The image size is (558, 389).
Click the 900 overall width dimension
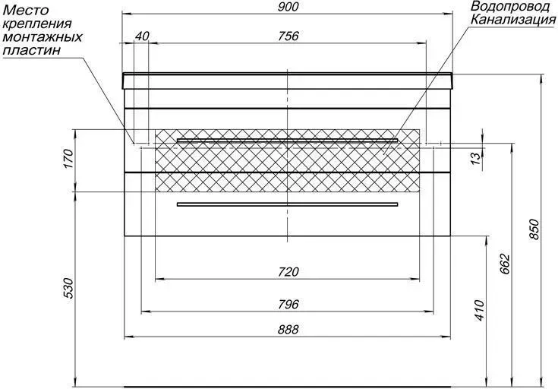[x=288, y=7]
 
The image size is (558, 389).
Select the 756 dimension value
[x=288, y=36]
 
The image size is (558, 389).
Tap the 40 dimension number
[x=142, y=36]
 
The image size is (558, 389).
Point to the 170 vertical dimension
[x=68, y=160]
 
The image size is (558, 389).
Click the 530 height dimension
[x=68, y=288]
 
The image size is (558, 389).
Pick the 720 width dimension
[x=288, y=272]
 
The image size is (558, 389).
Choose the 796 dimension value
[x=288, y=304]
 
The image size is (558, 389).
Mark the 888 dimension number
[x=288, y=330]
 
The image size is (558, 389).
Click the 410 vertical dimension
[x=480, y=310]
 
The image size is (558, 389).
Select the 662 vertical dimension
[x=505, y=264]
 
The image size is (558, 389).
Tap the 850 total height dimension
[x=534, y=229]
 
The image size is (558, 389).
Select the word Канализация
[x=512, y=20]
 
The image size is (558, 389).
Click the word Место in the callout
[x=25, y=10]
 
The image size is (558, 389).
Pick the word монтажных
[x=43, y=37]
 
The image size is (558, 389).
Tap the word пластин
[x=32, y=50]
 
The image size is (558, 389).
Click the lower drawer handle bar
[x=287, y=204]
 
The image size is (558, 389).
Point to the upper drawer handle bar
[x=287, y=141]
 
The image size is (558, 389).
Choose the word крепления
[x=37, y=24]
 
